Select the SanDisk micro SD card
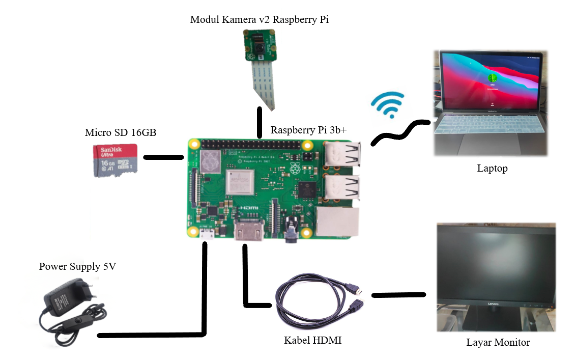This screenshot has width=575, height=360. click(x=116, y=160)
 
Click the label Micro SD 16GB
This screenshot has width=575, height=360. click(x=121, y=133)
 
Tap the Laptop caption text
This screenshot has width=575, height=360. click(x=492, y=168)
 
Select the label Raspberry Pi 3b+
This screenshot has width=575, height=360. click(x=308, y=130)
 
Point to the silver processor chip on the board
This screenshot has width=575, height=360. click(x=240, y=182)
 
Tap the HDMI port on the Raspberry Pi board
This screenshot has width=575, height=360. click(x=248, y=232)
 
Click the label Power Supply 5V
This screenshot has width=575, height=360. click(x=78, y=266)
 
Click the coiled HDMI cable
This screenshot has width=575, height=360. click(x=315, y=306)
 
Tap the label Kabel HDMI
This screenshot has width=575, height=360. click(x=312, y=340)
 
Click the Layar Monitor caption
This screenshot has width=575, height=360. click(x=498, y=342)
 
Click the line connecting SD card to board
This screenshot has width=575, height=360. click(x=163, y=157)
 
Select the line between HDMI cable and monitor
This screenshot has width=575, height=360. click(x=398, y=295)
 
